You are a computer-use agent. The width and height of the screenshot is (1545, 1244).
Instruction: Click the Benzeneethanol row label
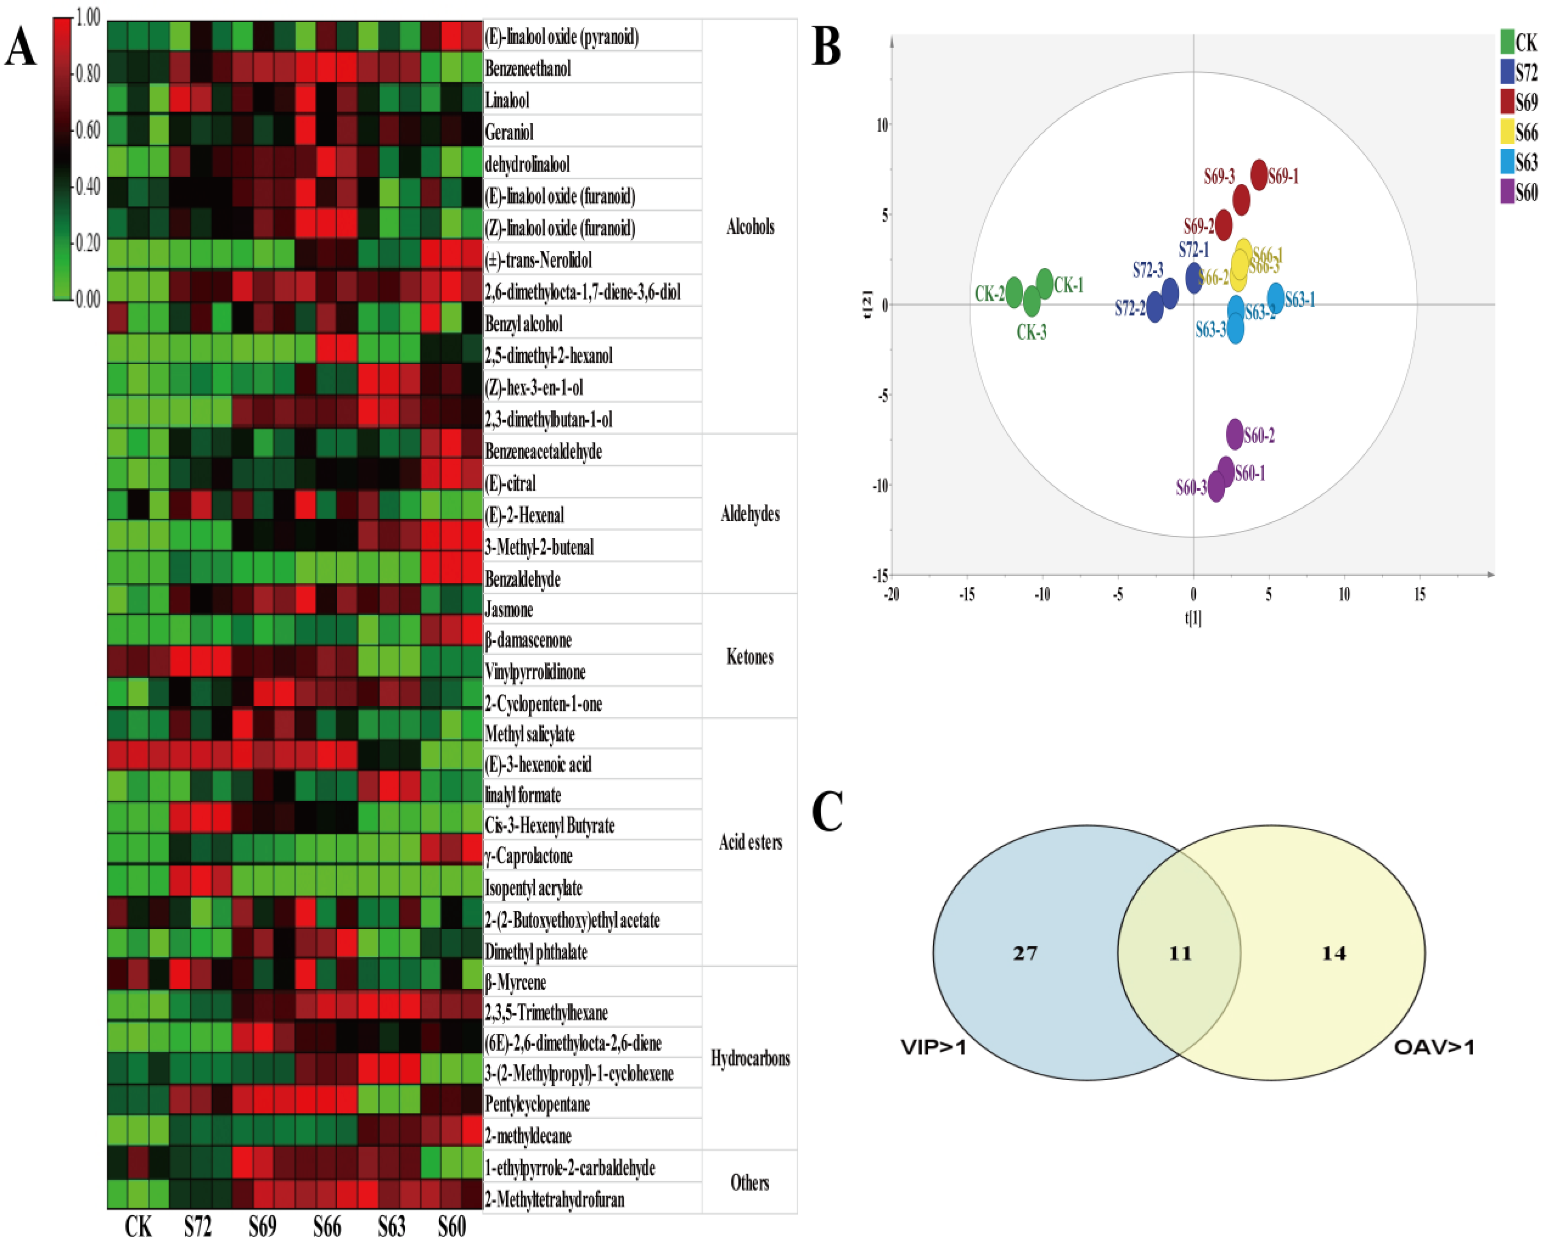click(528, 68)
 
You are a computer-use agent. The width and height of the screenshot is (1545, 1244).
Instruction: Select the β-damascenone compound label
click(528, 640)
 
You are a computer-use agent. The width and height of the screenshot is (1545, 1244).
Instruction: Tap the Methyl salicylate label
click(530, 734)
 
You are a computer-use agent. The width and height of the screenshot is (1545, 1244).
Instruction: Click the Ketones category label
click(750, 656)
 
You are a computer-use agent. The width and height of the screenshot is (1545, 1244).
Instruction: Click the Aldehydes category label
click(750, 514)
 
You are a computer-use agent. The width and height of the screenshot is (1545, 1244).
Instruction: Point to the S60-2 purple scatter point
click(1235, 433)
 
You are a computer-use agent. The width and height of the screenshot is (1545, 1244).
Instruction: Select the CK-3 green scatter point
click(1031, 302)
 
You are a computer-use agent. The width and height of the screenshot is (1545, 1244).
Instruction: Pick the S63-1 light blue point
click(1276, 297)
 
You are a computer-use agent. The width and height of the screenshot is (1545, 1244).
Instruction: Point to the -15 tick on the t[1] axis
click(967, 594)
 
